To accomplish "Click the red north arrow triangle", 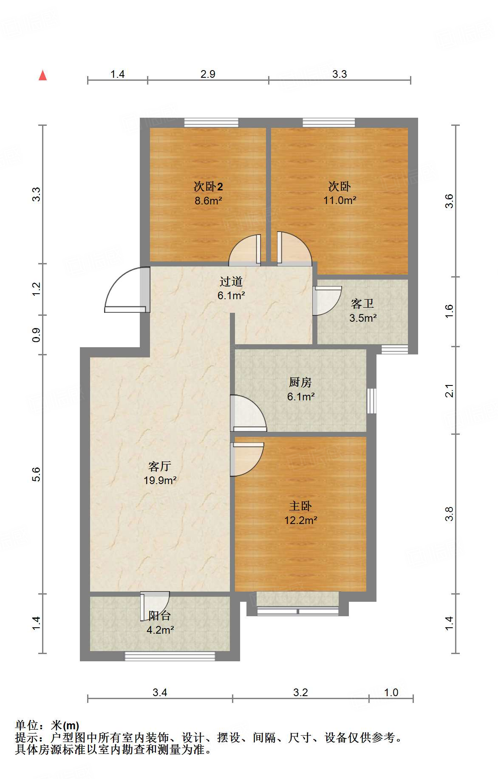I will coord(42,75).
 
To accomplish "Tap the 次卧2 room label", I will coord(208,186).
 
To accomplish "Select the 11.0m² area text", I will coord(340,200).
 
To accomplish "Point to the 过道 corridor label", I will coord(231,281).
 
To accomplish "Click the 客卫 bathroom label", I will coord(362,303).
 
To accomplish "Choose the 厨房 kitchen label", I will coord(300,382).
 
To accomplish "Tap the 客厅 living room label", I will coord(160,466).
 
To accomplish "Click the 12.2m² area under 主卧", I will coord(300,520).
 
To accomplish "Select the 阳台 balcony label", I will coord(160,615).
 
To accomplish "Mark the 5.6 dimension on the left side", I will coord(37,474).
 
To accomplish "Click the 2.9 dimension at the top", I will coord(208,74).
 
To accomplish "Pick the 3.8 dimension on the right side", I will coord(450,514).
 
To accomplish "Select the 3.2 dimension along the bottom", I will coord(300,692).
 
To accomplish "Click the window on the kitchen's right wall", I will coord(372,400).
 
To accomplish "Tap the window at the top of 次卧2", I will coord(211,123).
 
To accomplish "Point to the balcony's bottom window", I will coord(170,656).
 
